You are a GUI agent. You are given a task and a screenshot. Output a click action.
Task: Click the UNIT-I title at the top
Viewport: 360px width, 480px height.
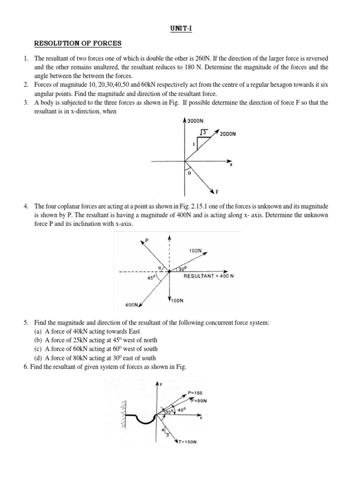(180, 29)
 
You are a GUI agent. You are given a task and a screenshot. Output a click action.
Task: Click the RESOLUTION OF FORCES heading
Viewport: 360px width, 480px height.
(78, 44)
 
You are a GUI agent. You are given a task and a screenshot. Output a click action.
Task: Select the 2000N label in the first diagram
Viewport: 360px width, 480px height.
(228, 134)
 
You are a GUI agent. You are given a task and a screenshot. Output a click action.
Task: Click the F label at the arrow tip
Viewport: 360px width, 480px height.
(217, 192)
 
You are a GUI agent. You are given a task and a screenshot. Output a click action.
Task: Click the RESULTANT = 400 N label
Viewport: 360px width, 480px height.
(209, 276)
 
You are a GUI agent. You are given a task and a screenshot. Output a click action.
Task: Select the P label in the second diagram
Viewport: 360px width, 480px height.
(147, 240)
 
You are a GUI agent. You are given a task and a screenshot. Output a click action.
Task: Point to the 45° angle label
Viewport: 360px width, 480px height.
(151, 277)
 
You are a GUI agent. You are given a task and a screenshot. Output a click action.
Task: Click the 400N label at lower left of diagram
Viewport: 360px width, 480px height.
(131, 305)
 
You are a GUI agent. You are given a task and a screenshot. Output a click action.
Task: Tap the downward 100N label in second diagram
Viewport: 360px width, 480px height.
(177, 300)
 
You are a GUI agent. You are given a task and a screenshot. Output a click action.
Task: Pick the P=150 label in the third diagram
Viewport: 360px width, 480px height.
(195, 393)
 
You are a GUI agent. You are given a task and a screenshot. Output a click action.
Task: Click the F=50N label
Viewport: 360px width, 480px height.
(198, 401)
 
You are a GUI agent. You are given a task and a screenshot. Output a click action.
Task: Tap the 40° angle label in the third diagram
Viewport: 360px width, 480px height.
(181, 409)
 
